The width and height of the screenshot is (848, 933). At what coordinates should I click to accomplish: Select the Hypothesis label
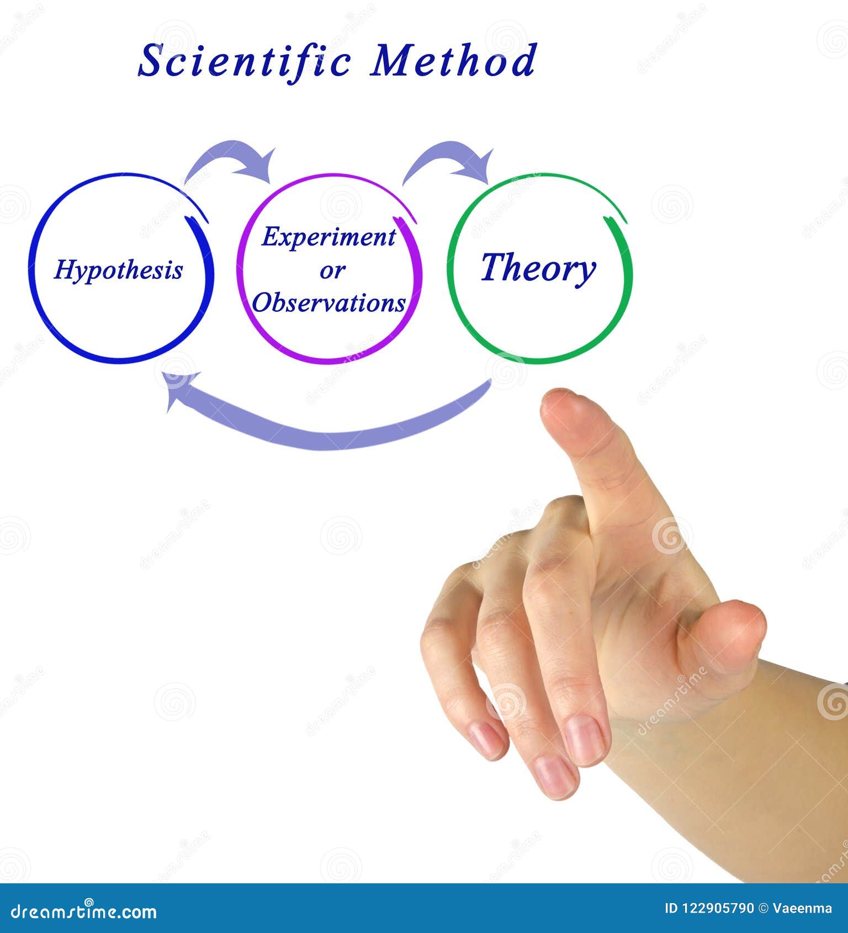pyautogui.click(x=118, y=271)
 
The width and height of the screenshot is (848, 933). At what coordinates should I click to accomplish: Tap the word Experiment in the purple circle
pyautogui.click(x=328, y=237)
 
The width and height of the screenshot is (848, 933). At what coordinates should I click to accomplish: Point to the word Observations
pyautogui.click(x=329, y=303)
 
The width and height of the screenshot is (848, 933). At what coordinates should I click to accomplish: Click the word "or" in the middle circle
pyautogui.click(x=332, y=271)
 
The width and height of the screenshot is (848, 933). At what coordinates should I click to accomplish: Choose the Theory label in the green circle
pyautogui.click(x=538, y=268)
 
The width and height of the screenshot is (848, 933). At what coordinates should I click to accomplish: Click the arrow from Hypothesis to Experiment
pyautogui.click(x=232, y=157)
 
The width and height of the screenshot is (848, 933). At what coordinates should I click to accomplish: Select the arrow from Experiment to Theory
pyautogui.click(x=450, y=157)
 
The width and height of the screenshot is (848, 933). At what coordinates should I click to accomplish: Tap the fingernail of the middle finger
pyautogui.click(x=585, y=740)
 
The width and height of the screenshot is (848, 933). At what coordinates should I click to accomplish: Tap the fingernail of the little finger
pyautogui.click(x=486, y=740)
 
